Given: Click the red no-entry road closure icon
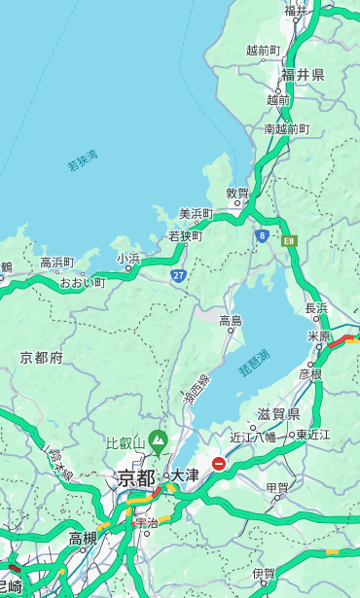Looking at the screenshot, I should [x=219, y=465].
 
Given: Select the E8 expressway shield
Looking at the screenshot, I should [x=289, y=239].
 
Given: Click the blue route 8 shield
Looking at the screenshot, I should [x=262, y=234].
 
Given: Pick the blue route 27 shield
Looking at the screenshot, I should [x=178, y=276].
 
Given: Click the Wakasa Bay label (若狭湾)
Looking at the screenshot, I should [x=83, y=160].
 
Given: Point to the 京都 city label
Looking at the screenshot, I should [x=136, y=477].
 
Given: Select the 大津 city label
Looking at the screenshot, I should [x=185, y=475].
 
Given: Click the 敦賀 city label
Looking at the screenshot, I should [x=237, y=193].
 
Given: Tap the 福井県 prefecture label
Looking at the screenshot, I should [x=303, y=75].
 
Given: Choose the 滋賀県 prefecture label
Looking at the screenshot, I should [x=278, y=414].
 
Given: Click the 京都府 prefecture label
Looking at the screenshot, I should [x=42, y=358].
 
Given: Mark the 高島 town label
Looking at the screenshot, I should [x=231, y=320].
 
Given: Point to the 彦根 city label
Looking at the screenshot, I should [x=310, y=373].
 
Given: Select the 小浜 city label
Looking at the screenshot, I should [x=128, y=259].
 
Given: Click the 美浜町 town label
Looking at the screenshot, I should [x=197, y=214].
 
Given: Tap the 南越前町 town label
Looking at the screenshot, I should [x=286, y=128].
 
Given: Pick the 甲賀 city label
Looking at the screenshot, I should [x=277, y=487].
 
